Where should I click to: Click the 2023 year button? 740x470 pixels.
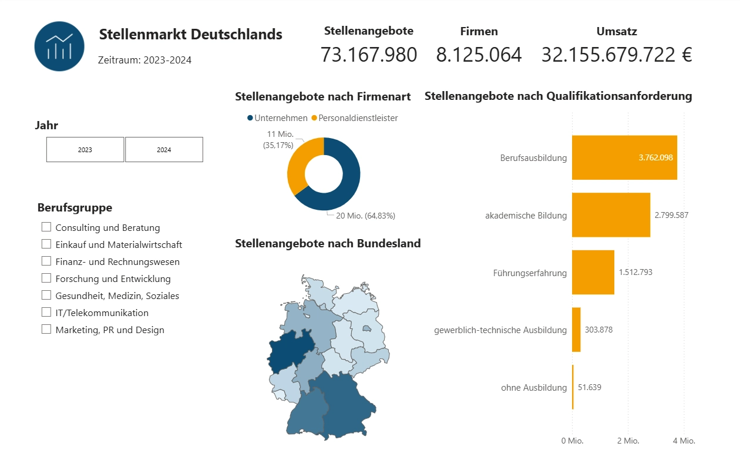(85, 150)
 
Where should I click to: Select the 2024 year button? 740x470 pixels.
(164, 150)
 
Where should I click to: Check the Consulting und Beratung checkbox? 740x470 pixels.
(46, 227)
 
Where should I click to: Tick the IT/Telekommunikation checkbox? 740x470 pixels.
(46, 313)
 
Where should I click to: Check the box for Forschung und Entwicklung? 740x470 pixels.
(46, 278)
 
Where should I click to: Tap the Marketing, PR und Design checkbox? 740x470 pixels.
(46, 330)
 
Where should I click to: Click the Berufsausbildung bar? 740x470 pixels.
(624, 157)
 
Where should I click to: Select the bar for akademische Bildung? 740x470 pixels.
(611, 215)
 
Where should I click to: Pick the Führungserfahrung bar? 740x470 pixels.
(593, 273)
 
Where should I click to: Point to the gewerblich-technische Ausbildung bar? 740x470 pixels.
(576, 330)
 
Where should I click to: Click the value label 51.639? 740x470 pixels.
(590, 387)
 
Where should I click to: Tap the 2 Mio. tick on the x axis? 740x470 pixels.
(628, 441)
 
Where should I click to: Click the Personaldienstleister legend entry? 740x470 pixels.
(354, 118)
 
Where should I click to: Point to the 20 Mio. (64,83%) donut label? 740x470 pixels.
(365, 216)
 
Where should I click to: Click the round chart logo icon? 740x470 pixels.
(59, 46)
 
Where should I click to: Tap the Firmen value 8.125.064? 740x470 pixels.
(479, 55)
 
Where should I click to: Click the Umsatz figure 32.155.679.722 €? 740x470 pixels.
(617, 55)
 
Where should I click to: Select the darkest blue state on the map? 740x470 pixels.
(290, 351)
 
